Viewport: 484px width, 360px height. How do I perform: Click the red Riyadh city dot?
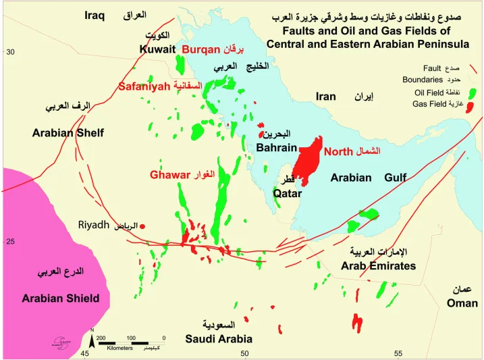click(x=142, y=227)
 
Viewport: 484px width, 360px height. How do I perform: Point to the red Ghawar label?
click(x=170, y=175)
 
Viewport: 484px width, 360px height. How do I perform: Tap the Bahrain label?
click(x=277, y=148)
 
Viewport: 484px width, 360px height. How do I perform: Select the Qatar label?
click(x=287, y=193)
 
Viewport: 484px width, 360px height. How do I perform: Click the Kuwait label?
click(x=157, y=49)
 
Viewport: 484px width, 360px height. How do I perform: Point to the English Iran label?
click(x=326, y=97)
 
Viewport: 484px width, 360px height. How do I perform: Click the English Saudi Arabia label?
click(x=219, y=338)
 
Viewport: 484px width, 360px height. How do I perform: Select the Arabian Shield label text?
click(x=60, y=298)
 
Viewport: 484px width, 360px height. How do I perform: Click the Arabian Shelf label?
click(x=68, y=133)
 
